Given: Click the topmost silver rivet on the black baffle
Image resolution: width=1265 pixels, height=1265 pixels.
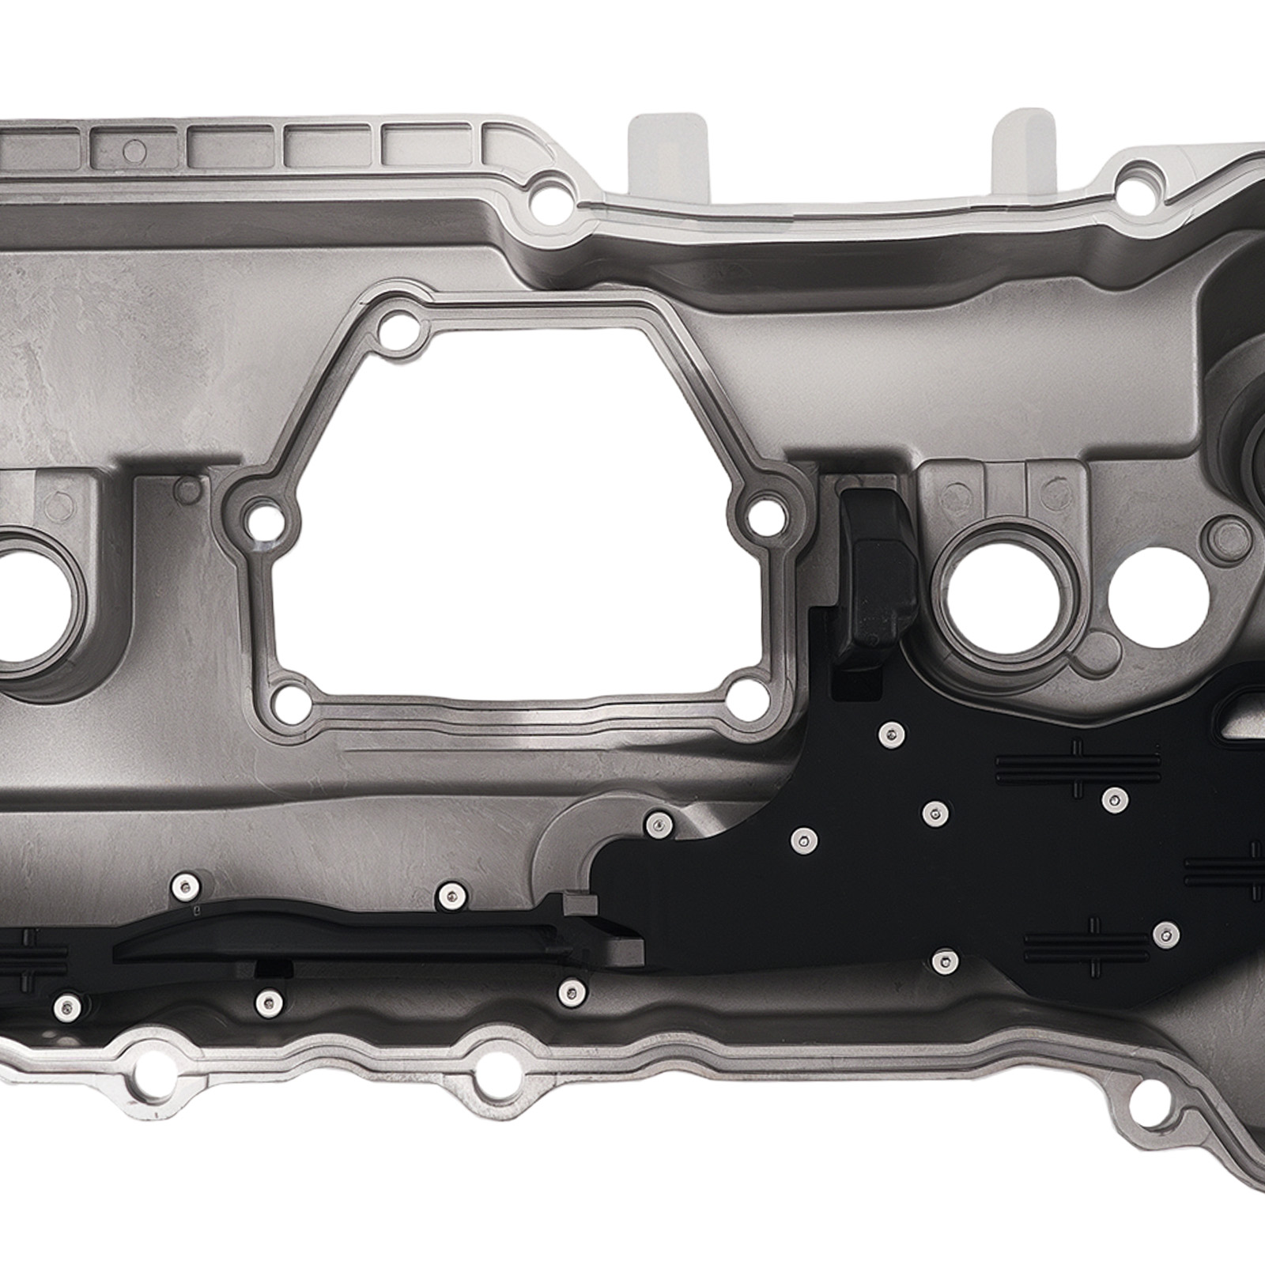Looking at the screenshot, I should [x=891, y=734].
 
